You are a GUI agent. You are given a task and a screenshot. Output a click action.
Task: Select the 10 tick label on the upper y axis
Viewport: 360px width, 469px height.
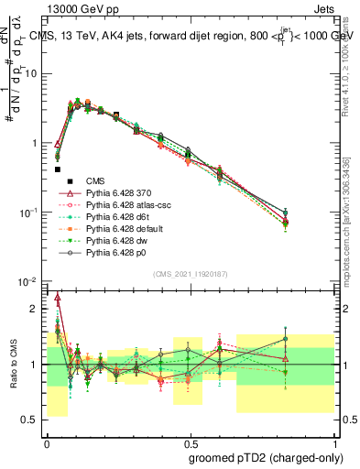point(31,73)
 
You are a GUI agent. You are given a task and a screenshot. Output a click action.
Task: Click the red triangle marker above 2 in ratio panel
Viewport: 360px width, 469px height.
point(58,298)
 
